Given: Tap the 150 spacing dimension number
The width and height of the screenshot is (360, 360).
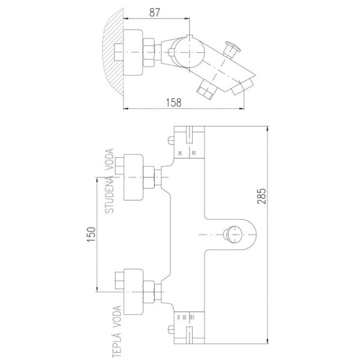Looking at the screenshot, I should (91, 235).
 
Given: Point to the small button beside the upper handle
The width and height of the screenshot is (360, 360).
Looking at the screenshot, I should (170, 143).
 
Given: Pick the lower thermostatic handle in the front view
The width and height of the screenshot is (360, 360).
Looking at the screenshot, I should (190, 327).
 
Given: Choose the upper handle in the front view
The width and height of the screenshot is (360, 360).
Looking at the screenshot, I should (190, 144).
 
